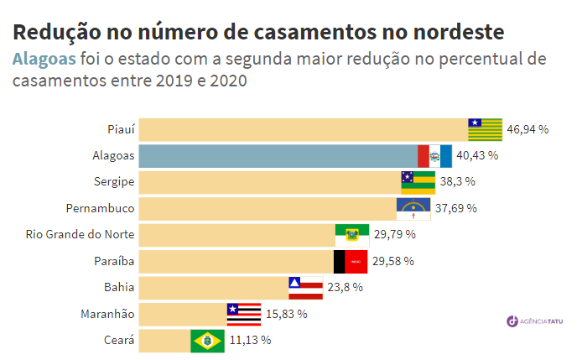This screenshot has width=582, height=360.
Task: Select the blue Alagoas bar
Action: point(277,156)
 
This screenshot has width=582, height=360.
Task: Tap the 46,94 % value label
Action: point(528,129)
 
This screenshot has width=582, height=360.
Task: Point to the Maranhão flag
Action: point(243,314)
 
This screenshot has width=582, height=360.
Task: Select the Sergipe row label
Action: point(115,182)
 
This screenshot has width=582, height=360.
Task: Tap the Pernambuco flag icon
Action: point(413,208)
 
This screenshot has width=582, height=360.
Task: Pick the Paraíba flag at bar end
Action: point(351,261)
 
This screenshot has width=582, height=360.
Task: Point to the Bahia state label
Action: point(119,288)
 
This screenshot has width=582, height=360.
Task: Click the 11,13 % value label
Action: point(250,341)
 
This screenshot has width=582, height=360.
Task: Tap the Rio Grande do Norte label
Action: point(81,235)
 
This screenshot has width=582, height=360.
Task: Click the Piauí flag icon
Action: point(485,129)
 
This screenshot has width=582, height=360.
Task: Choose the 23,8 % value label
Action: point(345,288)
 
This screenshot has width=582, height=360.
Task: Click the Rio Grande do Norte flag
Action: point(352,235)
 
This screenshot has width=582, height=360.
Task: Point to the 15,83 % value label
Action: point(286,314)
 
